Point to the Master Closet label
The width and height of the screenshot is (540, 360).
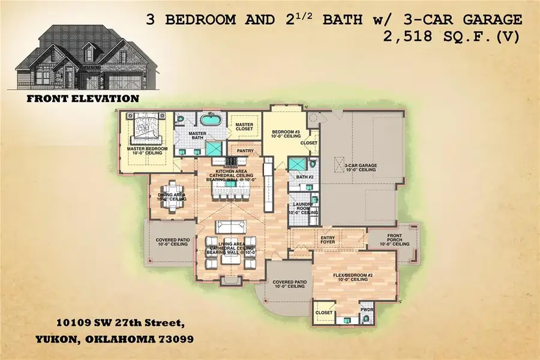pyautogui.click(x=244, y=126)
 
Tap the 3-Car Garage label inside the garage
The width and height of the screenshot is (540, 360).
pyautogui.click(x=359, y=167)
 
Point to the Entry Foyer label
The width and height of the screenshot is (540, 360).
pyautogui.click(x=327, y=241)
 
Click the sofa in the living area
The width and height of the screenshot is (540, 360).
pyautogui.click(x=230, y=227)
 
